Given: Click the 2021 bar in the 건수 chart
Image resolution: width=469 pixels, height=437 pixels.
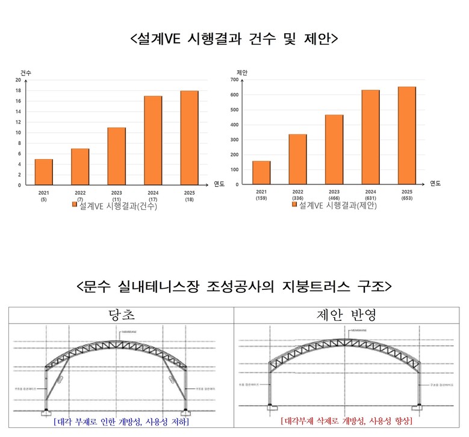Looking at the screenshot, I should click(x=43, y=172).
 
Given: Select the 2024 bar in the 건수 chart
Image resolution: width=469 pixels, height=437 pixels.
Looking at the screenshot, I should click(x=153, y=140).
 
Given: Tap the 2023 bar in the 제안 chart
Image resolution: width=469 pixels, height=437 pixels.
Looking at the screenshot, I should click(x=334, y=149).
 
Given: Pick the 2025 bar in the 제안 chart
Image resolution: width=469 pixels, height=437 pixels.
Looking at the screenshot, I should click(x=406, y=136).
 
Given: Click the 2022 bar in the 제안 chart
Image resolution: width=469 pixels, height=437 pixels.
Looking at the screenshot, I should click(x=297, y=159).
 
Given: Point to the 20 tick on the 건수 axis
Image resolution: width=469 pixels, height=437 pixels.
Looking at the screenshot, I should click(x=18, y=80).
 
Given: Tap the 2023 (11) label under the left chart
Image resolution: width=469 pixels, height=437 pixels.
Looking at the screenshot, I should click(x=116, y=196).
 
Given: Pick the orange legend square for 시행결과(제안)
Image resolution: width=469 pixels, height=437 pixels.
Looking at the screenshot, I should click(x=294, y=205).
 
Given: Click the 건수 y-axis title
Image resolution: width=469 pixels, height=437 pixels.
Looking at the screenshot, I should click(x=26, y=73).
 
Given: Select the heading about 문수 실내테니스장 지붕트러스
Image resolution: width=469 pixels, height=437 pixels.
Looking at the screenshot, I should click(x=234, y=285).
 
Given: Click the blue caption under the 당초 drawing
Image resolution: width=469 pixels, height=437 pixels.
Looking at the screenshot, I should click(x=120, y=422).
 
